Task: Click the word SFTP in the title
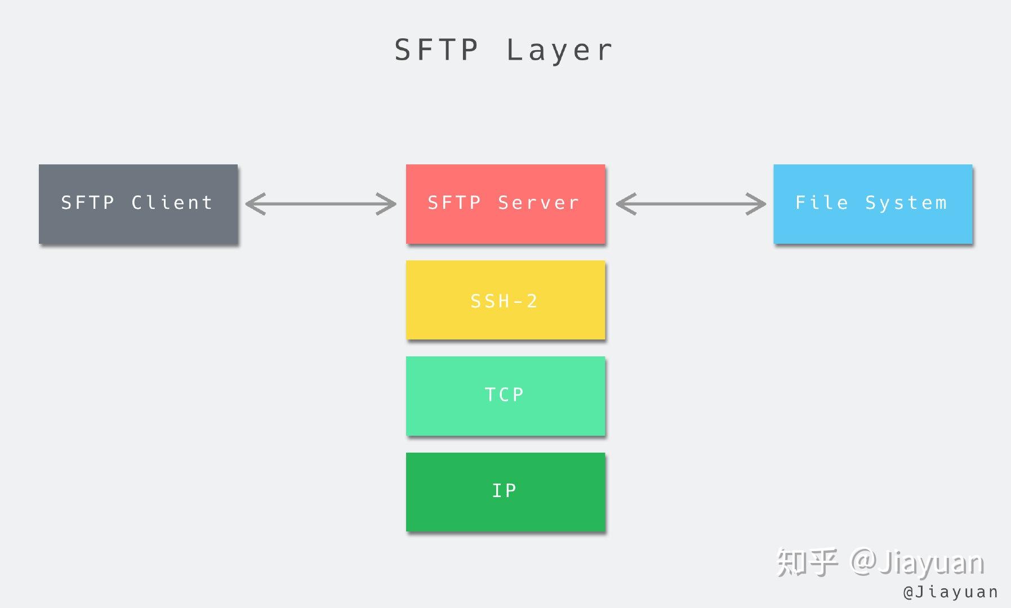436,50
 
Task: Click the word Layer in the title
559,50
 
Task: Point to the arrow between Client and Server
321,204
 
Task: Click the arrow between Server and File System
691,204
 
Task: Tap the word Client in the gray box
172,202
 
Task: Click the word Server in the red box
538,202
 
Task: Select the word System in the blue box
906,202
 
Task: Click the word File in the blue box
821,202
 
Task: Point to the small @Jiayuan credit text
950,592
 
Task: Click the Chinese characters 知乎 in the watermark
807,562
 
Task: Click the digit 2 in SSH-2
532,301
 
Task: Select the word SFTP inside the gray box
87,202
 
